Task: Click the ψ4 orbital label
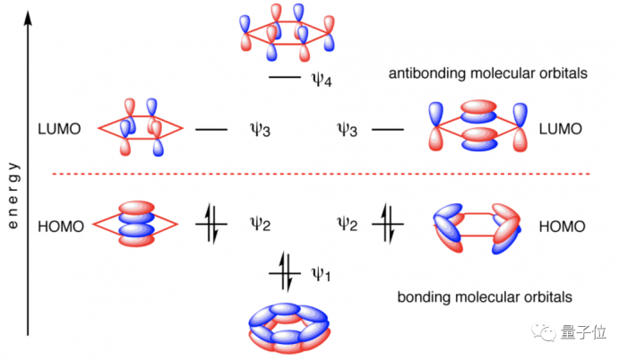point(322,81)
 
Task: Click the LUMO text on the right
point(562,130)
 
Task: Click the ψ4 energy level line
point(284,79)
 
